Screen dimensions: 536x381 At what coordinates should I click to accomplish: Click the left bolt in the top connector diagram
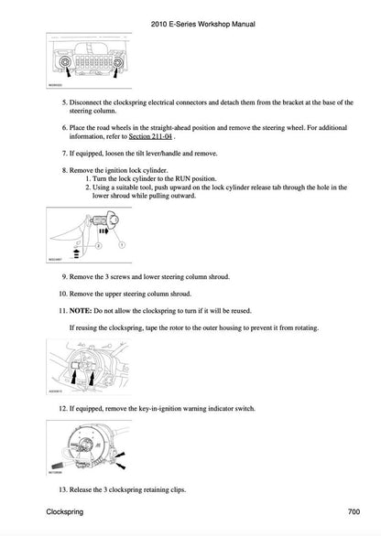(x=66, y=62)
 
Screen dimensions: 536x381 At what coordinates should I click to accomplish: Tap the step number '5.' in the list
(x=63, y=104)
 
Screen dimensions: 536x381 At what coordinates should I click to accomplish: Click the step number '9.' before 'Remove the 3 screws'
(x=63, y=276)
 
